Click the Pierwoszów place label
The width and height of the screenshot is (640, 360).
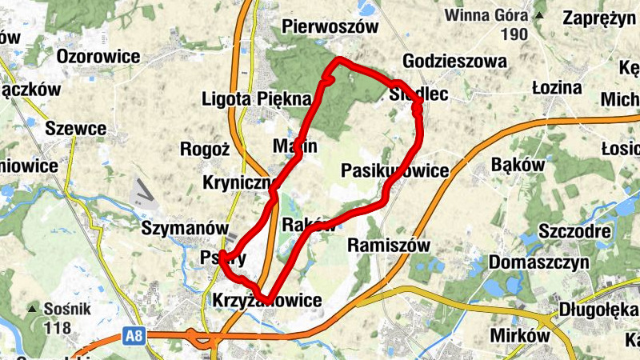[330, 27]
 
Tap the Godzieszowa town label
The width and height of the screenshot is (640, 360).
[455, 62]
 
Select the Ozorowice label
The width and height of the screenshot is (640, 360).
[98, 57]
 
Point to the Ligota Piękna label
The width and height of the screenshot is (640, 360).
[256, 99]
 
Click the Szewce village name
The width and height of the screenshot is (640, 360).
[76, 129]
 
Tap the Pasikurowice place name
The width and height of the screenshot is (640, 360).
[394, 171]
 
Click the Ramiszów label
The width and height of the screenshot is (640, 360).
[389, 246]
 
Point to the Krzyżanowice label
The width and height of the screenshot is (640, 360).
[267, 301]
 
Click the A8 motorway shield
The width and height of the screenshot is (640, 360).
[134, 338]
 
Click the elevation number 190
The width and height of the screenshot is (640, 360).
[514, 34]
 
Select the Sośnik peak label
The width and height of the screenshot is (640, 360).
[63, 309]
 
